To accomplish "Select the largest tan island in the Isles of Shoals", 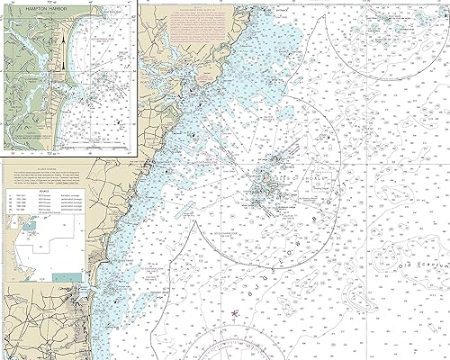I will pyautogui.click(x=263, y=188).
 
